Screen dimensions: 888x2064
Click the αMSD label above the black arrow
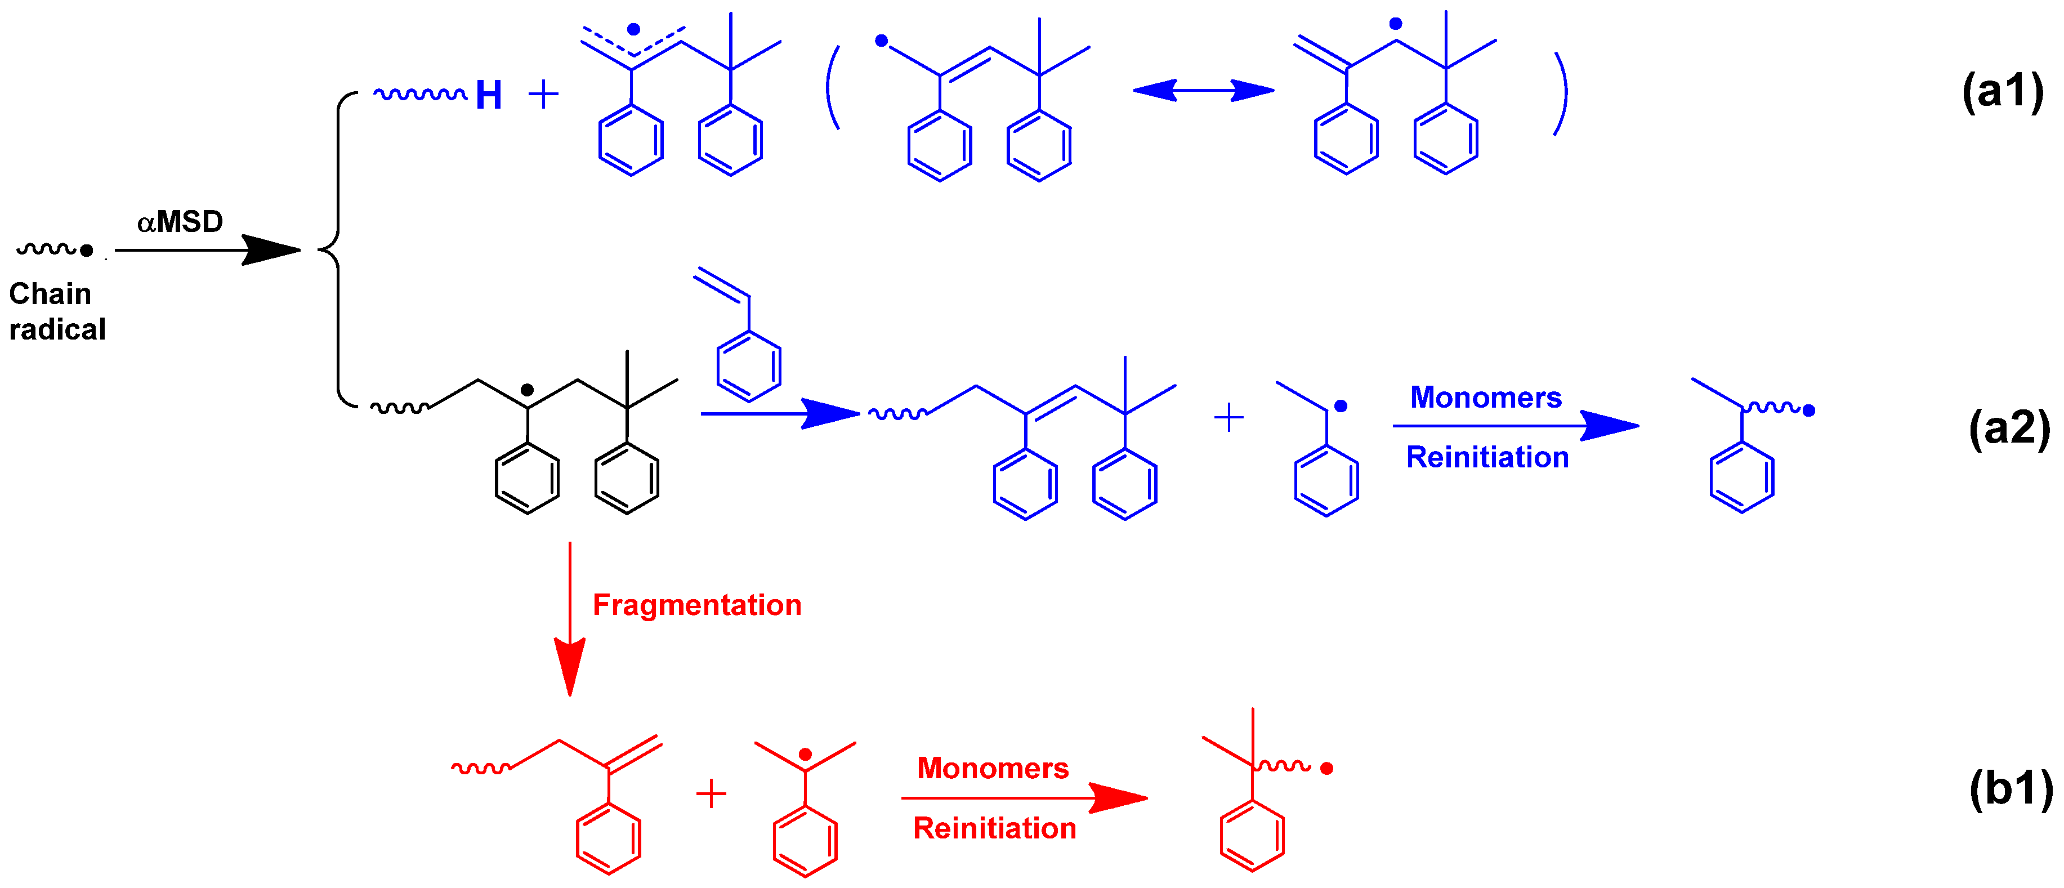click(x=180, y=222)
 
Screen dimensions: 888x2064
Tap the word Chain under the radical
click(x=50, y=294)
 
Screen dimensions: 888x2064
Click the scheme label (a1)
click(x=2002, y=91)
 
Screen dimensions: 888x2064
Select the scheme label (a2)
click(x=2009, y=428)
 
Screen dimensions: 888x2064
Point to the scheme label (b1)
click(x=2011, y=789)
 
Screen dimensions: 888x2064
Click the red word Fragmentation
click(x=696, y=605)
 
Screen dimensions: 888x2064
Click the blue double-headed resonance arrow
click(x=1203, y=91)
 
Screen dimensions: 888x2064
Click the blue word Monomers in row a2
click(x=1485, y=398)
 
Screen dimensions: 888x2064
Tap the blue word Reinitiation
click(x=1486, y=458)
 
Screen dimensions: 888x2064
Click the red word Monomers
click(x=992, y=769)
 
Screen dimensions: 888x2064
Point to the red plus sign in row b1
click(x=711, y=794)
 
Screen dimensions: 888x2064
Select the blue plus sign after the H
click(x=543, y=95)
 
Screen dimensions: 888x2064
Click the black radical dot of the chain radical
click(x=87, y=251)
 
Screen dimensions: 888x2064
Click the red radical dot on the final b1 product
click(x=1326, y=769)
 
